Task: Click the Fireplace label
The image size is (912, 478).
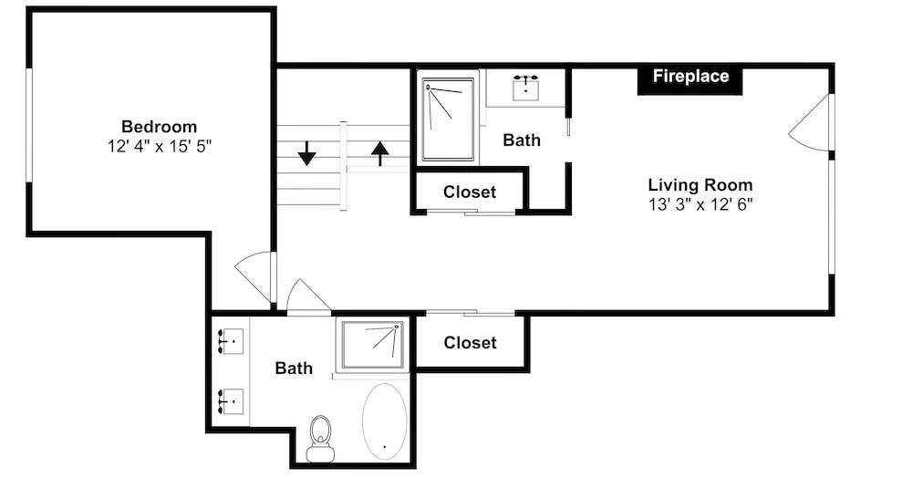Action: click(x=690, y=77)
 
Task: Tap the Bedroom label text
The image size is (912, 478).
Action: click(x=159, y=126)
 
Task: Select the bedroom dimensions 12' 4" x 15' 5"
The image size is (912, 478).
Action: click(x=159, y=146)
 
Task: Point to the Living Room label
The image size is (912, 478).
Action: click(x=700, y=185)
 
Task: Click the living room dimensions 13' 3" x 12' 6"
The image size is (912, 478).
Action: click(x=700, y=204)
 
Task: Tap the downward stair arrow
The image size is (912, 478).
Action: click(x=306, y=153)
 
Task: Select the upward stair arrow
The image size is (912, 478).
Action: click(x=379, y=153)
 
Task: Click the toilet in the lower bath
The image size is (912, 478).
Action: click(x=320, y=439)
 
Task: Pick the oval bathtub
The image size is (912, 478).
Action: click(x=385, y=421)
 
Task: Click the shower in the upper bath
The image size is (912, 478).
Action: click(x=448, y=119)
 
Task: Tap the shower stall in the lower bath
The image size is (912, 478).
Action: click(x=372, y=345)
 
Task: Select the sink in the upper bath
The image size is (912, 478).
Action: click(x=526, y=88)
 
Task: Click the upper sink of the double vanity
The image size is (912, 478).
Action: click(x=231, y=341)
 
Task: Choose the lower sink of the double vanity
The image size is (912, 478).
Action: click(x=231, y=401)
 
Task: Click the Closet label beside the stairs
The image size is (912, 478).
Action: click(x=470, y=192)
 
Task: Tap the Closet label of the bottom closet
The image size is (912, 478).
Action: click(x=470, y=342)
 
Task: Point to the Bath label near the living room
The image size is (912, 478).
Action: click(x=522, y=140)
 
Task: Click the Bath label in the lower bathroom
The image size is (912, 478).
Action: click(x=294, y=369)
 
